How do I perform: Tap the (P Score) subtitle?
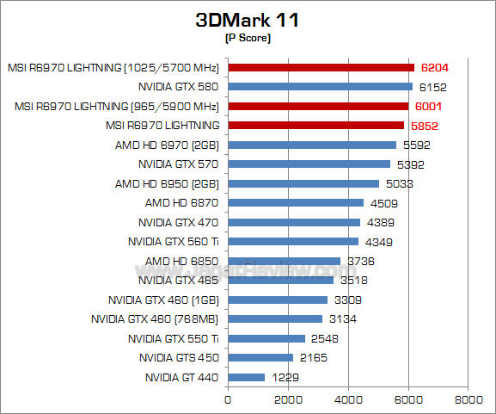(x=248, y=38)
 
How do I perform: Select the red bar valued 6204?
(x=321, y=67)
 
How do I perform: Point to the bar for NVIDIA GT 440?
(x=246, y=377)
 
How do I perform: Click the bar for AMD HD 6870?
(x=296, y=203)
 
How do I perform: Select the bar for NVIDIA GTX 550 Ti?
(x=266, y=338)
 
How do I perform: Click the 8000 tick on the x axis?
(x=468, y=399)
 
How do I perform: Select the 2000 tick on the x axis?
(x=288, y=399)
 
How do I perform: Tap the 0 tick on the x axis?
(x=228, y=399)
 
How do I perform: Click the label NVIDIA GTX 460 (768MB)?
(x=155, y=319)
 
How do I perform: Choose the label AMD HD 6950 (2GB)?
(x=167, y=183)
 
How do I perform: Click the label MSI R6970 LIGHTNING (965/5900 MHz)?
(x=117, y=106)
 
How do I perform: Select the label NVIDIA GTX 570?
(x=178, y=164)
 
